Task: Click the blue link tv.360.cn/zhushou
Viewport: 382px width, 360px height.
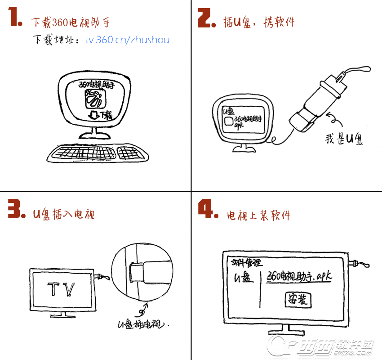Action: [128, 40]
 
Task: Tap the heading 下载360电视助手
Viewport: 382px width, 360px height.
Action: [70, 22]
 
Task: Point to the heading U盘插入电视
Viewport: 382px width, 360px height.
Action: [64, 214]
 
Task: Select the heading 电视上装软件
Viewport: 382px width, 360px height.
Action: [259, 215]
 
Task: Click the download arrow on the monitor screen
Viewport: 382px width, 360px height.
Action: [94, 115]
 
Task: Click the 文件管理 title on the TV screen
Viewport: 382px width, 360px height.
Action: [246, 262]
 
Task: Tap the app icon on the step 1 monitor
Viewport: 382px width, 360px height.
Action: [95, 99]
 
